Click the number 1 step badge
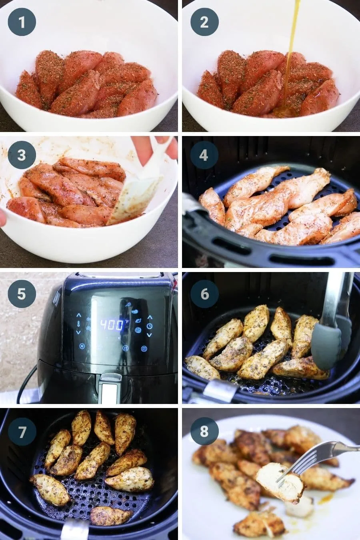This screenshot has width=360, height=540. click(22, 22)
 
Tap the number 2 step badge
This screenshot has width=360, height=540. click(204, 22)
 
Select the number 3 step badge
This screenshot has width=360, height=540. click(22, 155)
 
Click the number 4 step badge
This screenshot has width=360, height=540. click(204, 155)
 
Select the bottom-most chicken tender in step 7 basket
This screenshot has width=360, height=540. click(110, 516)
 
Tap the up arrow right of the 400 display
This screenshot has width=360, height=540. click(150, 317)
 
